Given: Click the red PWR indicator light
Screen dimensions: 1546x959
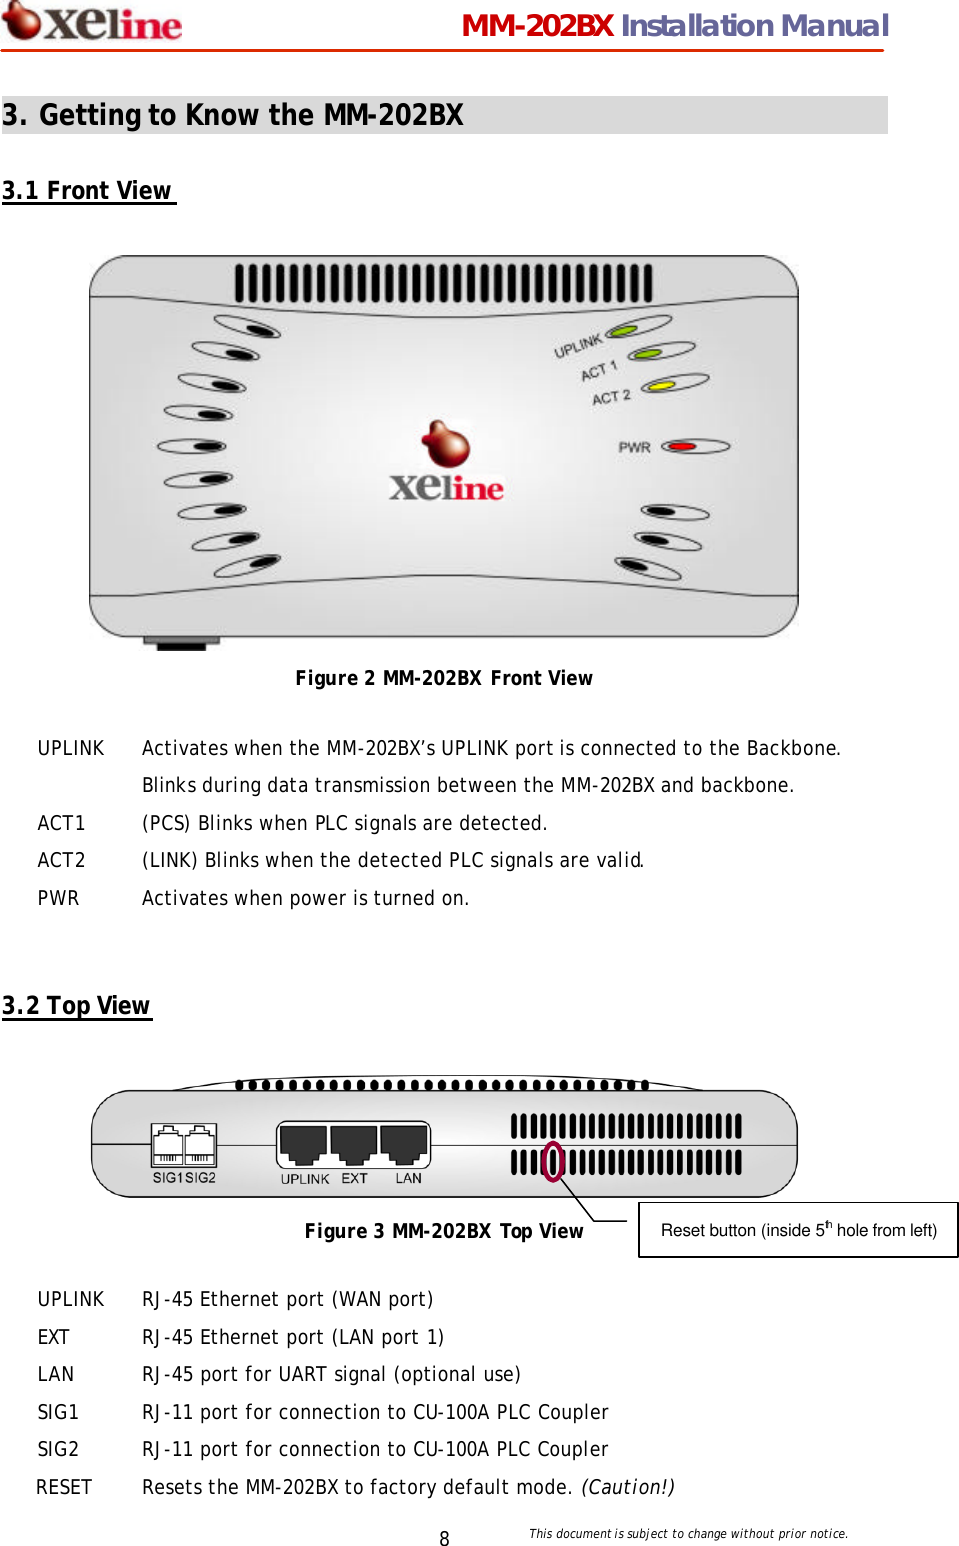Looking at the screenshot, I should (x=683, y=446).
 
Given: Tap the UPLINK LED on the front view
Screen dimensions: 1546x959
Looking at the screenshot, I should (x=623, y=331).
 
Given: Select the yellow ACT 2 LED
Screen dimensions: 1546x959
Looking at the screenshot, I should (x=660, y=386).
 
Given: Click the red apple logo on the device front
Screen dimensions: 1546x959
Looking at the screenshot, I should (x=445, y=444).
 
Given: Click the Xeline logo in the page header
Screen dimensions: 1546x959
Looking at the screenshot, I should (x=92, y=22).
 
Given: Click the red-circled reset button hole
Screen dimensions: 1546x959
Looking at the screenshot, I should (x=553, y=1161).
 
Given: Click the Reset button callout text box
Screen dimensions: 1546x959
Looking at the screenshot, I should (x=798, y=1230).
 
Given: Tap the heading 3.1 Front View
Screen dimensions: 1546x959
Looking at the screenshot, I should (x=88, y=191).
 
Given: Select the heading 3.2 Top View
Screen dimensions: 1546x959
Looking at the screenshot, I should (x=77, y=1006).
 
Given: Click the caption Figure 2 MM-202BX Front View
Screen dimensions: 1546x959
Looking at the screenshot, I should (x=444, y=678).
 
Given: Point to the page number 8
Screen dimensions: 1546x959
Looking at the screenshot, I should (x=444, y=1538).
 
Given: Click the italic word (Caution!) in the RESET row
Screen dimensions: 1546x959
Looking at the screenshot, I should (x=628, y=1487).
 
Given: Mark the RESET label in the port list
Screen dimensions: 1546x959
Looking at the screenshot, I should (x=64, y=1487).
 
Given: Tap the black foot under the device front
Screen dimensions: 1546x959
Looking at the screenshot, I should (x=181, y=643).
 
